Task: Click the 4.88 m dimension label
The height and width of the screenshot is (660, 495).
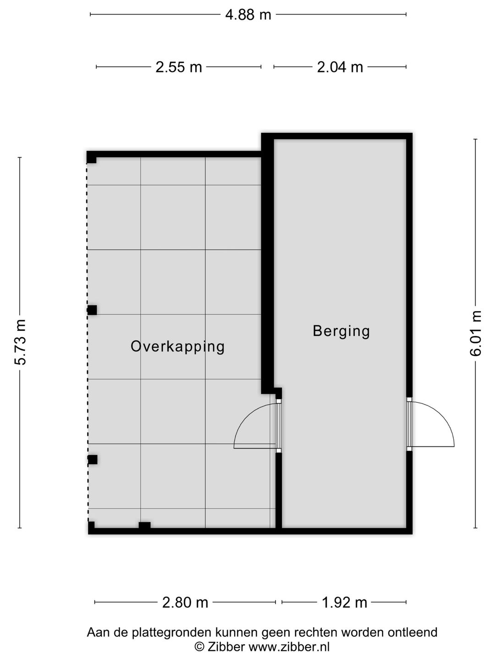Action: pos(248,14)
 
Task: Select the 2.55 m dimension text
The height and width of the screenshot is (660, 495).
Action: pos(179,67)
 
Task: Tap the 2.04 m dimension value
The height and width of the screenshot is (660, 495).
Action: pos(340,67)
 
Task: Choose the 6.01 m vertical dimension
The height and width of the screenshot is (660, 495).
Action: pos(475,333)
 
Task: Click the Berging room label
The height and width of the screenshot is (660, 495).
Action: pos(341,331)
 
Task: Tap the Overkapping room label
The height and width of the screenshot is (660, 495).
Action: pos(178,347)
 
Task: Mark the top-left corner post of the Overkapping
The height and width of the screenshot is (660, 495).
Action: pos(91,157)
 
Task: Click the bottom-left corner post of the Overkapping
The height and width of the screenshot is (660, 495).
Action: pos(91,527)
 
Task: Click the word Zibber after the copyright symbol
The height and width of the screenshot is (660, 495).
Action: pos(226,646)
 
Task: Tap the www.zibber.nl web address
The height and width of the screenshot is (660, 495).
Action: pos(289,646)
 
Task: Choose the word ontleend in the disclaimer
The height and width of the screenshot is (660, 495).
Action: pos(412,632)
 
